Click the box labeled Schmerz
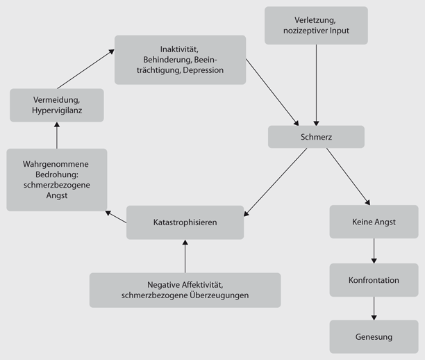[316, 137]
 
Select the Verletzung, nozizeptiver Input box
[316, 25]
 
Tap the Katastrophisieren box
[185, 222]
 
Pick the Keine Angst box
[374, 222]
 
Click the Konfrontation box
[374, 280]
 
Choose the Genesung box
[374, 337]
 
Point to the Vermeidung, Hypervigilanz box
[56, 105]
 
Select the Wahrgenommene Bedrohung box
[56, 179]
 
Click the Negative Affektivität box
[185, 290]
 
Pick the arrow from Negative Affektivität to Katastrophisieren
[185, 256]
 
